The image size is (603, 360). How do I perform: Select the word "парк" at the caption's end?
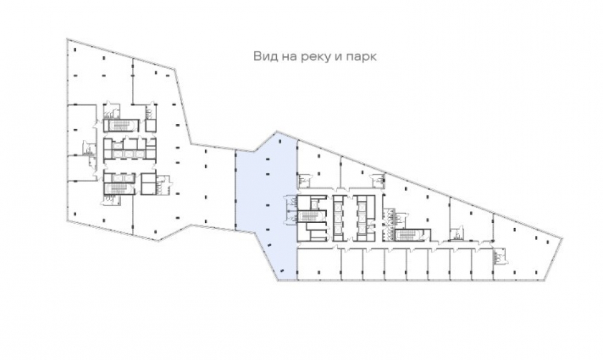pos(364,57)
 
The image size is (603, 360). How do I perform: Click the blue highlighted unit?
pos(265,199)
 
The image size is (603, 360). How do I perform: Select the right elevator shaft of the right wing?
pos(362,214)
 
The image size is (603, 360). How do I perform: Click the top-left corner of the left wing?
pos(66,40)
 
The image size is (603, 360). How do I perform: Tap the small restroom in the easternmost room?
pos(500,256)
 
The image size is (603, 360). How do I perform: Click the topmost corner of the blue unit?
pos(276,131)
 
